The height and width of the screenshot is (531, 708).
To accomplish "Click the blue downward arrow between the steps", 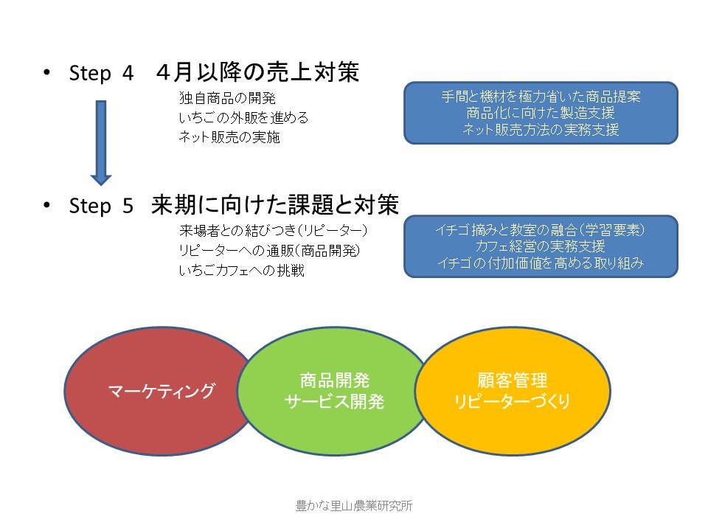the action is tap(101, 142).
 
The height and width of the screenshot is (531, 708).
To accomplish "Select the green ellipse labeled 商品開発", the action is tap(334, 391).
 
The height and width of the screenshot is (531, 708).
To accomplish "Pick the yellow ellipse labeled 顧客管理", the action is tap(513, 391).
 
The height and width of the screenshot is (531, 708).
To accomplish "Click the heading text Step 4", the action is tap(101, 73).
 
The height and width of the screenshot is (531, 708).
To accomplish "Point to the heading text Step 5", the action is tap(101, 206).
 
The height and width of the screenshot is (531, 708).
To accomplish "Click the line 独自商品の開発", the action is tap(227, 98).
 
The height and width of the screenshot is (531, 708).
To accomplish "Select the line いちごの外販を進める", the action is tap(243, 118).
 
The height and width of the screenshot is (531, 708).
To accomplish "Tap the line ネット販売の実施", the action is tap(229, 137).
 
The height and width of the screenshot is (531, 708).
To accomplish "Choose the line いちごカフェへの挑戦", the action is tap(242, 271).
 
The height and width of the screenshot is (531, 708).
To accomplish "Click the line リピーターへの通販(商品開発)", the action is tap(270, 251).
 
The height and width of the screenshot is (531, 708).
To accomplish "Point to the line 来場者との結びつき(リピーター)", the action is tap(273, 231).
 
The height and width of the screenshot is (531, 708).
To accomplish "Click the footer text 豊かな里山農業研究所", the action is tap(354, 506).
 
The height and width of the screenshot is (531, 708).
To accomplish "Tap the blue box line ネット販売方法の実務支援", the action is tap(541, 130).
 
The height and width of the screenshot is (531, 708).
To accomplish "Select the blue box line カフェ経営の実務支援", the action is tap(541, 246).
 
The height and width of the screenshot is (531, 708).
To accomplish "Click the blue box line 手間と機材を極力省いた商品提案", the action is tap(541, 97).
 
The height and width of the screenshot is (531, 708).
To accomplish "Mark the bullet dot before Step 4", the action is tap(46, 72).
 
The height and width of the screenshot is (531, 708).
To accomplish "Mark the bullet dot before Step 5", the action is tap(46, 205).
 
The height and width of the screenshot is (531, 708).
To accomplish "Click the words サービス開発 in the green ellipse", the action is tap(334, 401).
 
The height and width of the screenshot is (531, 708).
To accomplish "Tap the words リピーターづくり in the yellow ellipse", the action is tap(512, 401).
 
